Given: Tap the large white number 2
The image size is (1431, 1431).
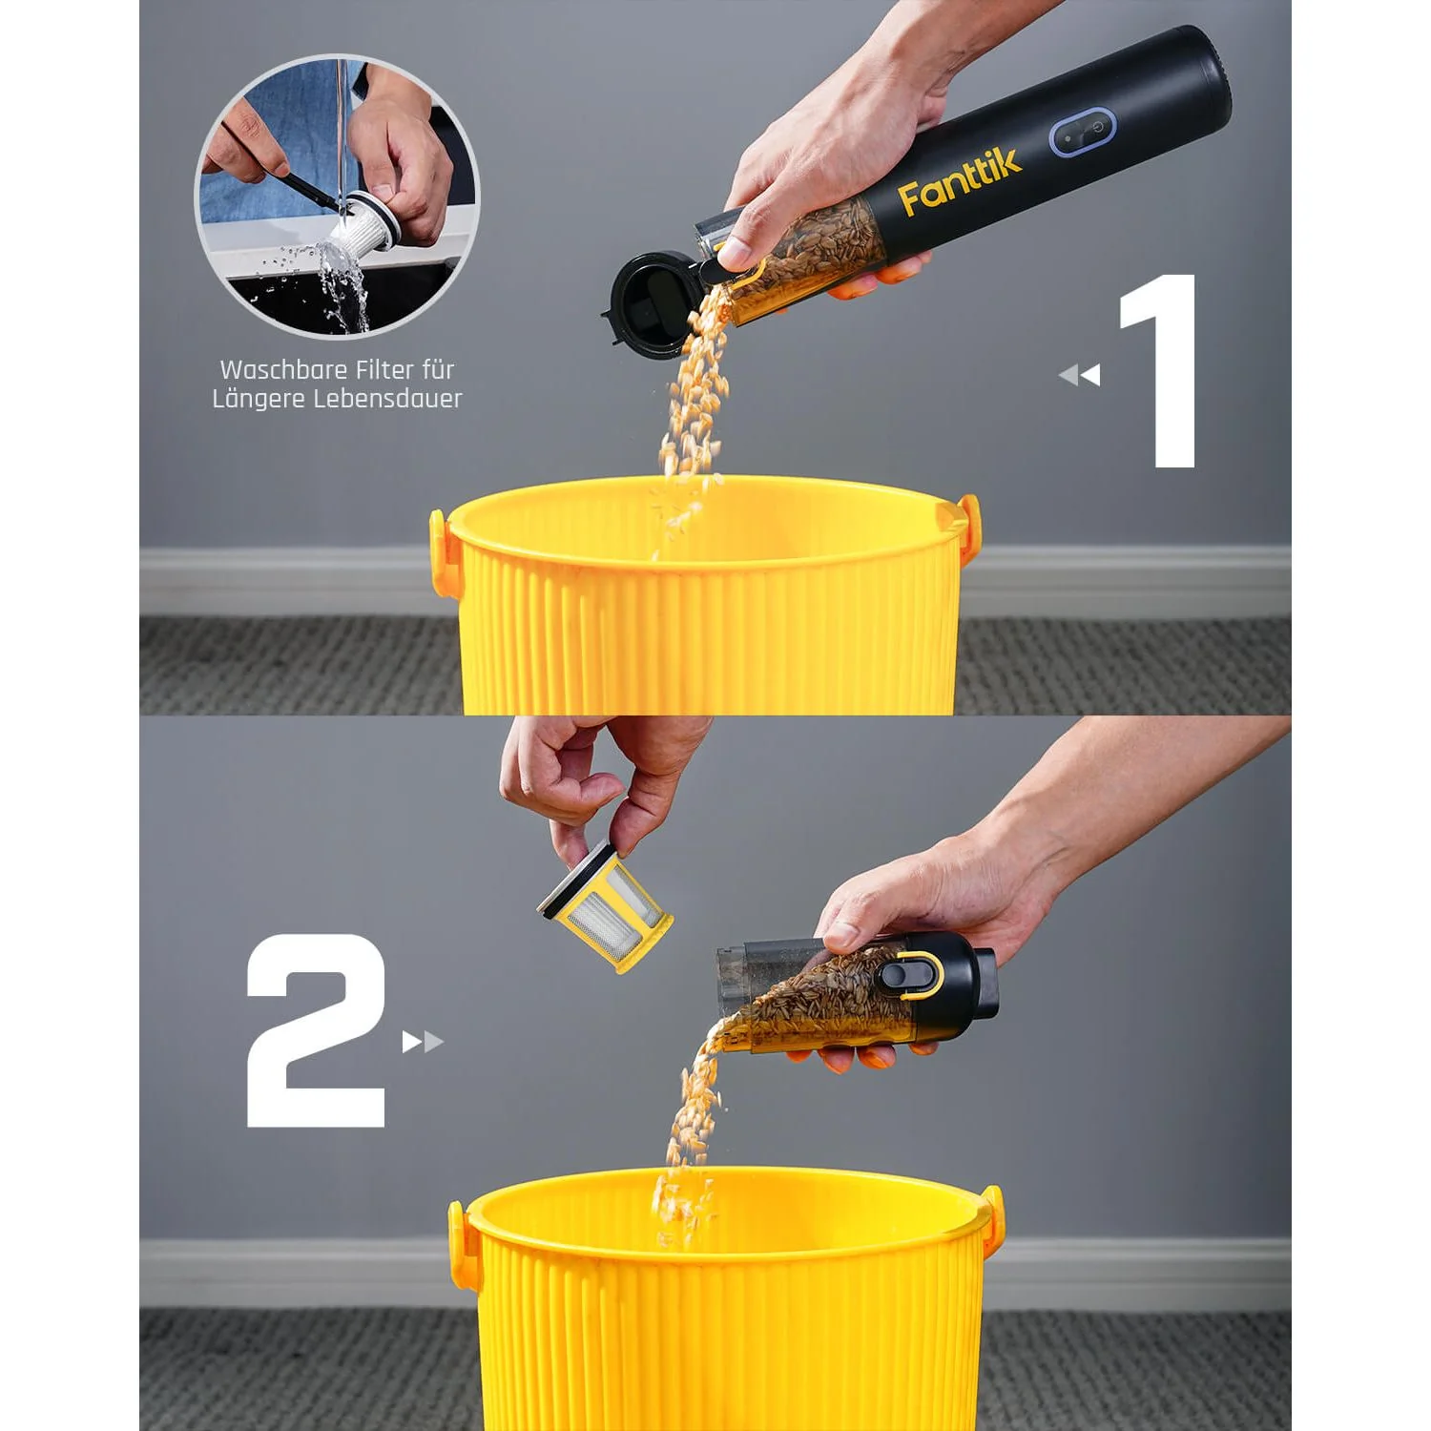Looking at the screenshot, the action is click(x=316, y=1030).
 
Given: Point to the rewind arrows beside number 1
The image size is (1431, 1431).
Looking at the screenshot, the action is click(x=1080, y=375).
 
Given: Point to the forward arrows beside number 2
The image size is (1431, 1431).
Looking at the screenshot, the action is click(x=423, y=1041).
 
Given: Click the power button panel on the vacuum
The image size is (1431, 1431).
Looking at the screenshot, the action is click(x=1083, y=132).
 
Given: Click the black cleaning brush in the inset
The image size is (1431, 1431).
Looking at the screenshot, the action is click(x=308, y=191).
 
